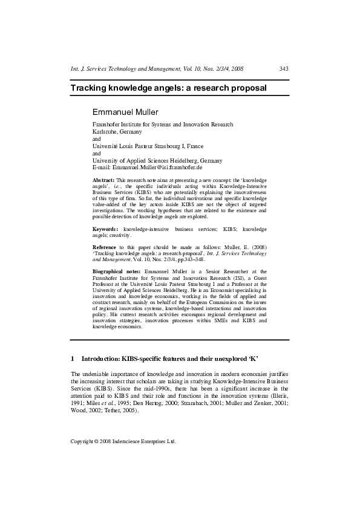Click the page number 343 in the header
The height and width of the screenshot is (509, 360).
pos(284,70)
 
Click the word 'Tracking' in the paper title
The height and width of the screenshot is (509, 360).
pos(89,88)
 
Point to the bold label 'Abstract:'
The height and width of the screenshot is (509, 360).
pos(103,180)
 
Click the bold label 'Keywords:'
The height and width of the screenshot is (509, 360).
pos(105,230)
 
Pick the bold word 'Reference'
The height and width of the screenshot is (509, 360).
pos(105,248)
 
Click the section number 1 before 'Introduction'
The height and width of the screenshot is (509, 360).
pos(73,358)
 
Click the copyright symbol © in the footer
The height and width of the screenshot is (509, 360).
pos(97,441)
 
